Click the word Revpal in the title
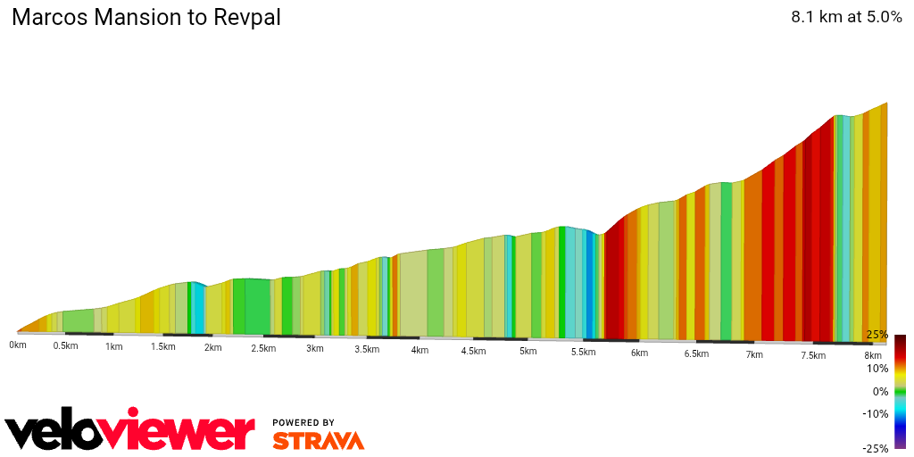pos(247,18)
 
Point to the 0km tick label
pos(18,345)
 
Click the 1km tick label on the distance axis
pos(113,346)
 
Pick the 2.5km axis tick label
pos(263,348)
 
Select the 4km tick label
pos(420,350)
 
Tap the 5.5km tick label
pos(583,352)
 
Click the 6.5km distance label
pos(696,353)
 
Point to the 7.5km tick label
pos(813,355)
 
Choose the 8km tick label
pos(873,355)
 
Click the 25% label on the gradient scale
pos(877,335)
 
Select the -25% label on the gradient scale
pos(875,448)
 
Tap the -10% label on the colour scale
pos(875,413)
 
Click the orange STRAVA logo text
pos(318,441)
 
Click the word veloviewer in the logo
pos(129,432)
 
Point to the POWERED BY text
pos(303,422)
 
